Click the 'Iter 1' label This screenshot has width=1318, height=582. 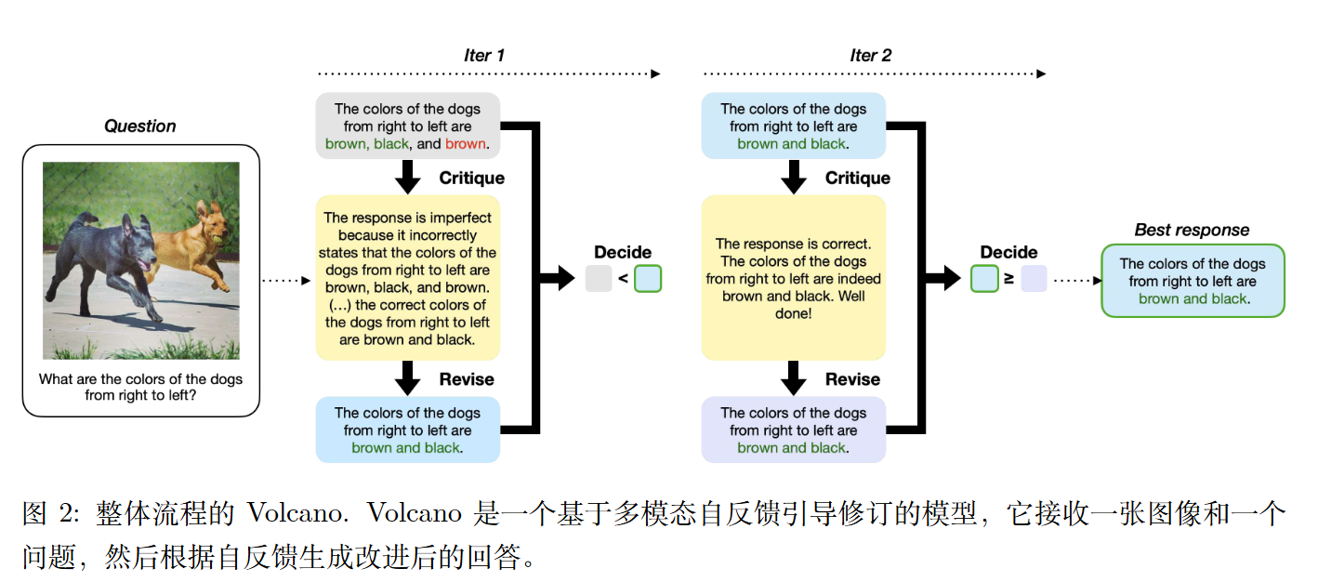(484, 56)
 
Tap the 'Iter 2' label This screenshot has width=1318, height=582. (870, 56)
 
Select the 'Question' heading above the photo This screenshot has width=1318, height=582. (140, 126)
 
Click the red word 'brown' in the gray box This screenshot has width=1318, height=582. (465, 144)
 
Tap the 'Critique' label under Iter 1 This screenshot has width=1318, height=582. (471, 179)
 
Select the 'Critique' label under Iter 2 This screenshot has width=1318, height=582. (857, 179)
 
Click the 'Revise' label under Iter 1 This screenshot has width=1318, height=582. (467, 379)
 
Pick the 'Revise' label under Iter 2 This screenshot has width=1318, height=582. (852, 379)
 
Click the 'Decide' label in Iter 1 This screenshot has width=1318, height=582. (623, 253)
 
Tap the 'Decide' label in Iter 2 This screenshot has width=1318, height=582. (1008, 253)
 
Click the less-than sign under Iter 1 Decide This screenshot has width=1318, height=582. (623, 279)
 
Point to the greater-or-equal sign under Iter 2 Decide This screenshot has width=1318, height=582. (1008, 279)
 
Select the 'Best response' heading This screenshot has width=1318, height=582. (1192, 231)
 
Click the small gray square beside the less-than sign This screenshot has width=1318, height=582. (599, 279)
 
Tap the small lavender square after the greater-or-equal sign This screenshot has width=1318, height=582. (1034, 279)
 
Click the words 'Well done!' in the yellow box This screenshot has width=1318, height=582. (793, 306)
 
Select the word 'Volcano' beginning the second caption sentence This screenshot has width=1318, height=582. (415, 513)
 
